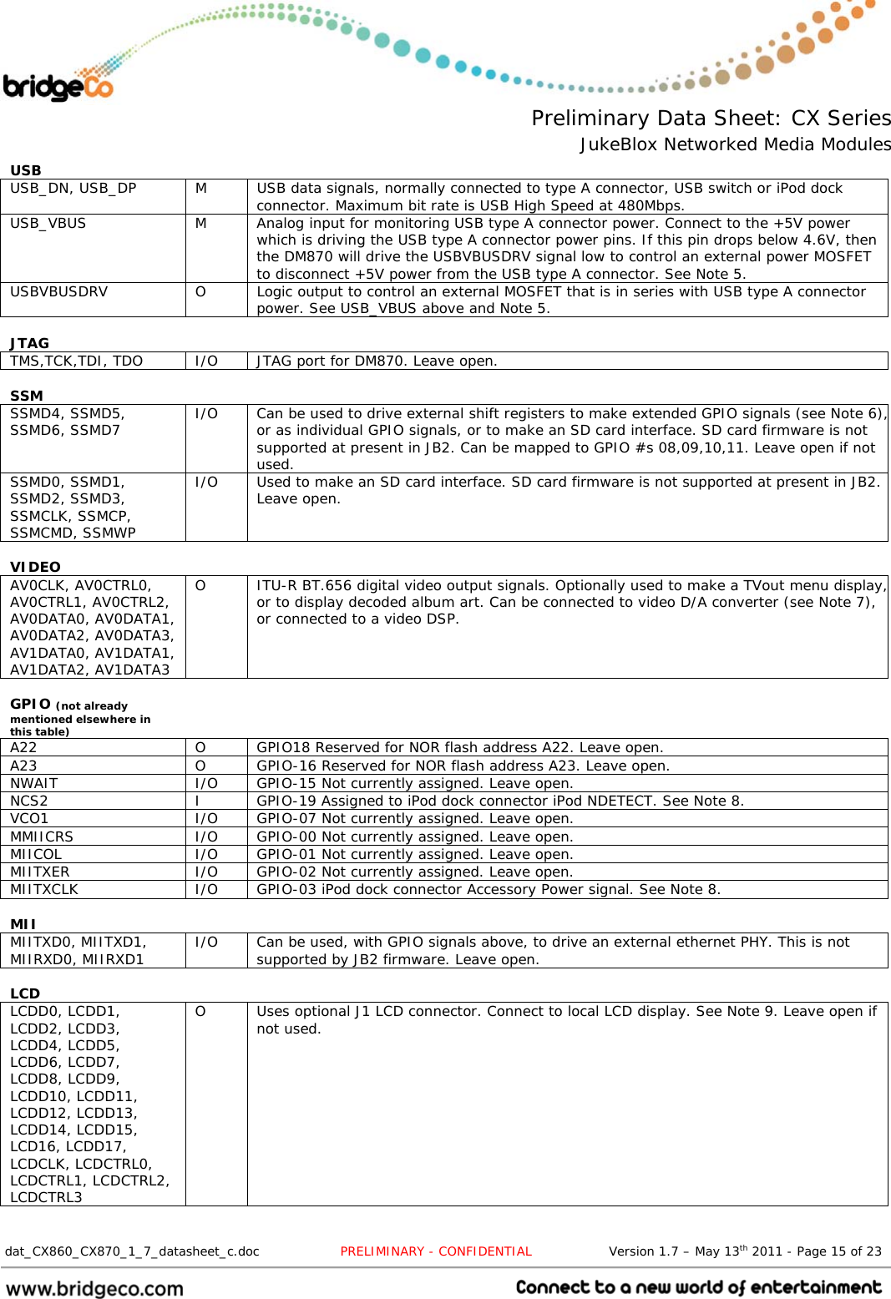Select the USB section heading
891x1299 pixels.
(26, 170)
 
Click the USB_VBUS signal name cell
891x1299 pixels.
(48, 223)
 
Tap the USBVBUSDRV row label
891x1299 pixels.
(58, 291)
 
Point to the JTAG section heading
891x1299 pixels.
(30, 343)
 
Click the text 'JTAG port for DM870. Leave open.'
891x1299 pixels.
(377, 361)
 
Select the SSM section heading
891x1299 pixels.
(27, 396)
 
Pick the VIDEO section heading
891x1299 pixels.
(35, 567)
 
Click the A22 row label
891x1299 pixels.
(23, 747)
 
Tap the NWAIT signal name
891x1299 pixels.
(34, 783)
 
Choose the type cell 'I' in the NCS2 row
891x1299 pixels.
(197, 801)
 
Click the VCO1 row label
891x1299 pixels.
(29, 818)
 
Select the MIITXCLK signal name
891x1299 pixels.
(44, 889)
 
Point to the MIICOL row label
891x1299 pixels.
(36, 854)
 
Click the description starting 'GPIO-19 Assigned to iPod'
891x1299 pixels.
(499, 801)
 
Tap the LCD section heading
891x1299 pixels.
(25, 993)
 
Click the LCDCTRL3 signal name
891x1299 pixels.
(46, 1197)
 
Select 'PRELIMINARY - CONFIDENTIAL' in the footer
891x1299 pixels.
(436, 1251)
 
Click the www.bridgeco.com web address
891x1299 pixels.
(94, 1288)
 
